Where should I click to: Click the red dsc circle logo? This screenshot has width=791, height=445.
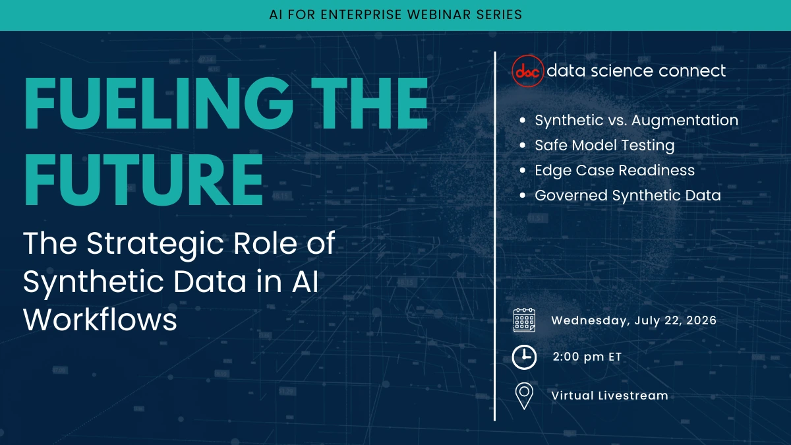pyautogui.click(x=528, y=71)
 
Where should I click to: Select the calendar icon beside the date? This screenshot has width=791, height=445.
pyautogui.click(x=524, y=320)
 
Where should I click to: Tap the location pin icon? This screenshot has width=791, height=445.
pyautogui.click(x=524, y=396)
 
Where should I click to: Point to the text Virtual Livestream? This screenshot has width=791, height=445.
pyautogui.click(x=609, y=396)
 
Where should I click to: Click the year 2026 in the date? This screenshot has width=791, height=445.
pyautogui.click(x=700, y=320)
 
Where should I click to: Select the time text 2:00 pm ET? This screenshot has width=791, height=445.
pyautogui.click(x=587, y=357)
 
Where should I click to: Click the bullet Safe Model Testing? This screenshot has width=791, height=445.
pyautogui.click(x=604, y=145)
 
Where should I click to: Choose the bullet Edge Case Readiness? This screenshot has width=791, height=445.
pyautogui.click(x=614, y=170)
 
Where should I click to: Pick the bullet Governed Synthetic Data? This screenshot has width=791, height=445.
pyautogui.click(x=628, y=195)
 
